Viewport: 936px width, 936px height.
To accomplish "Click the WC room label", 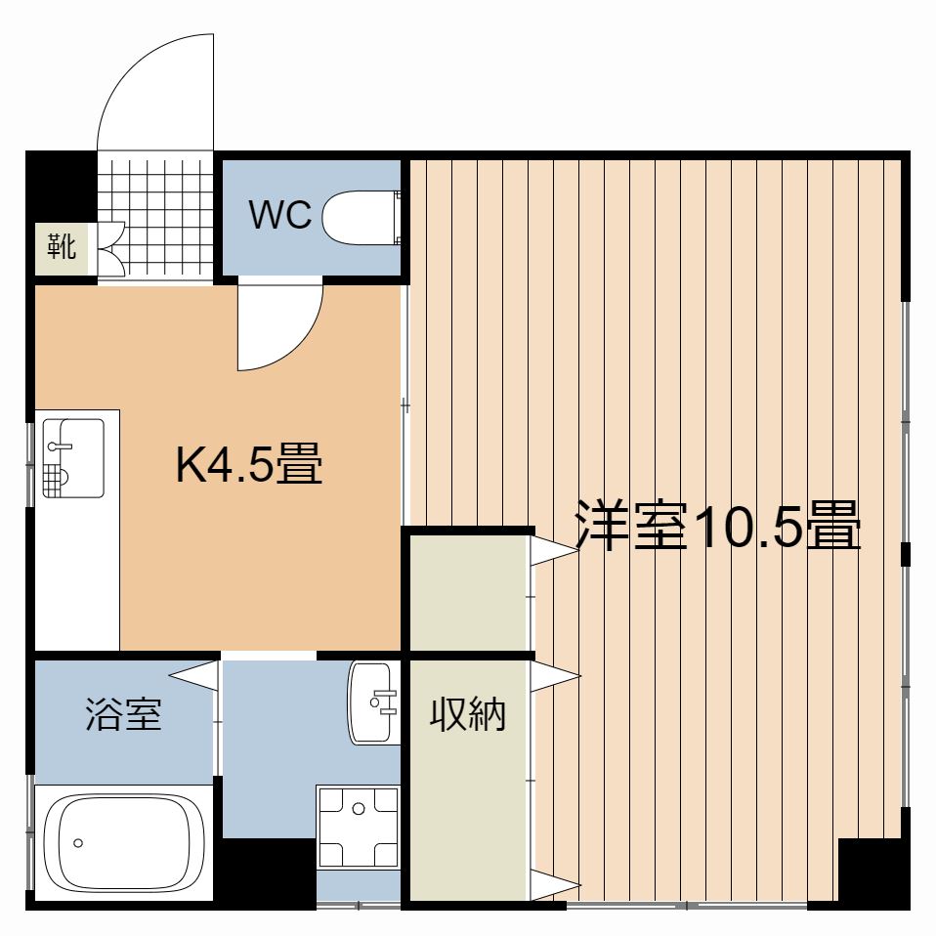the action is pyautogui.click(x=280, y=215).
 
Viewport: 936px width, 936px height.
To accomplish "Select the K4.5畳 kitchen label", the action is pyautogui.click(x=249, y=463).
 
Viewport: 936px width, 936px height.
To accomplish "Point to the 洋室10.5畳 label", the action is pyautogui.click(x=717, y=525).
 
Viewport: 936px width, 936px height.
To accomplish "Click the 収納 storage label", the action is pyautogui.click(x=468, y=713).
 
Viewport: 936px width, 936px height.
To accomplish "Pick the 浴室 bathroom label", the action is pyautogui.click(x=123, y=713).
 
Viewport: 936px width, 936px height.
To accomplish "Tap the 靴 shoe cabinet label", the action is pyautogui.click(x=62, y=246).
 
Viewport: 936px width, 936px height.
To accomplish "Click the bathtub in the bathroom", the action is pyautogui.click(x=124, y=842).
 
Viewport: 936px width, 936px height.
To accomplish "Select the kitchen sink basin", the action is pyautogui.click(x=73, y=458).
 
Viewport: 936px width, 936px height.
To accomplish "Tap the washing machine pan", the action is pyautogui.click(x=358, y=827).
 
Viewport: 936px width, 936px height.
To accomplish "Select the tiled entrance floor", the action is pyautogui.click(x=155, y=217).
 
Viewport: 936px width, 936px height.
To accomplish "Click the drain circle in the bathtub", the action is pyautogui.click(x=78, y=843).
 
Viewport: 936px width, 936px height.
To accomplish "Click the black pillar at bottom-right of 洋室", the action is pyautogui.click(x=873, y=872).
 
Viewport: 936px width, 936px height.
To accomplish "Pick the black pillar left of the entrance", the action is pyautogui.click(x=61, y=187).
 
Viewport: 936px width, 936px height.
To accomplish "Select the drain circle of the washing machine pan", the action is pyautogui.click(x=359, y=809).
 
